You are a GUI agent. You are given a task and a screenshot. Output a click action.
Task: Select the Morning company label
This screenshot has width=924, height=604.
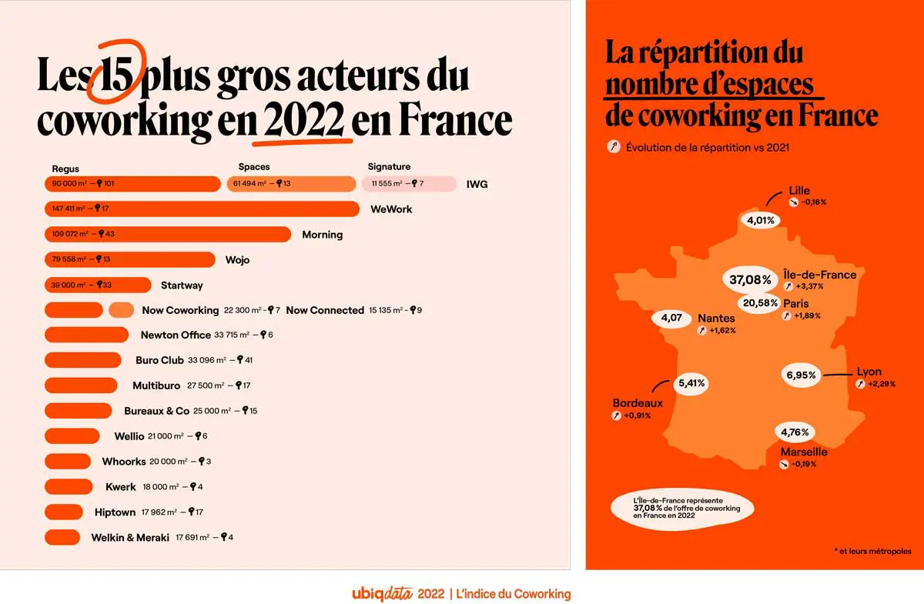(x=322, y=235)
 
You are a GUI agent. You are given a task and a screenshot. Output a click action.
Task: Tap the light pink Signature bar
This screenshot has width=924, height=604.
(x=408, y=184)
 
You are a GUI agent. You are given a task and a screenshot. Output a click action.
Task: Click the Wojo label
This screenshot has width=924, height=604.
(x=237, y=260)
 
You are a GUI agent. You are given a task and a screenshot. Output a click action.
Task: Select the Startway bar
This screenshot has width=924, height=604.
(x=98, y=285)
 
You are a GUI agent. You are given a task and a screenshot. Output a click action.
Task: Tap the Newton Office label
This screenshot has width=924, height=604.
(x=175, y=335)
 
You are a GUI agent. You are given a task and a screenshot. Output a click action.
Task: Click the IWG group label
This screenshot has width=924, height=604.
(x=477, y=184)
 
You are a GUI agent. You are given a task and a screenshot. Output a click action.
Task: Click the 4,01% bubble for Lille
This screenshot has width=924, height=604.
(x=761, y=220)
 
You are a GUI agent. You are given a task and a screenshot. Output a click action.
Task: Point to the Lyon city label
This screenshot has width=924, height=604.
(x=869, y=372)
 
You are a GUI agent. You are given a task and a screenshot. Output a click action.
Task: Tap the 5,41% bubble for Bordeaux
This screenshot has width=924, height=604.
(x=691, y=382)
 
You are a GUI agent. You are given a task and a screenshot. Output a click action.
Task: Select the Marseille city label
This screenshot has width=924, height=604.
(x=803, y=452)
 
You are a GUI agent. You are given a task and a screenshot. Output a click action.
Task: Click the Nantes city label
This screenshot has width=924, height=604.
(x=716, y=318)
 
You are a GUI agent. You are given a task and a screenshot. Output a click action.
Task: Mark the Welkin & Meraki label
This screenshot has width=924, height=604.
(x=129, y=537)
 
